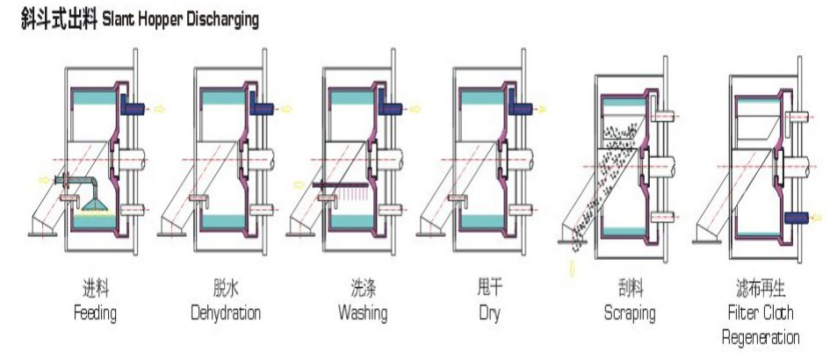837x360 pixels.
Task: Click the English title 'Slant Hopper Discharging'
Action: point(180,19)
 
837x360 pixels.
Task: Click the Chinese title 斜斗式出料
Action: point(59,19)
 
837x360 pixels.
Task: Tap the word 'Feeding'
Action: point(95,313)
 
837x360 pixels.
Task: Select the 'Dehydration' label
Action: point(226,313)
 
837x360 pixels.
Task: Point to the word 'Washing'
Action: point(363,313)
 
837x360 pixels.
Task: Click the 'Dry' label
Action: point(489,313)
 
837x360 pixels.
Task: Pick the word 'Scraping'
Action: point(630,313)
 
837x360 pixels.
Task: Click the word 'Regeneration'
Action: point(761,337)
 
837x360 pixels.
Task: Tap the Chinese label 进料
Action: point(96,289)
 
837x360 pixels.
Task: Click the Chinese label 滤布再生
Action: point(761,289)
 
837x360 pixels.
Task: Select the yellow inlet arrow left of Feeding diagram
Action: point(44,180)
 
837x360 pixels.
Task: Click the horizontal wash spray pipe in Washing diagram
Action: point(341,185)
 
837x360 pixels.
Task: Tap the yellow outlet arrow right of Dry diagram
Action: point(541,110)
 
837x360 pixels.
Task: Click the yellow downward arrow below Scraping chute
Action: point(573,269)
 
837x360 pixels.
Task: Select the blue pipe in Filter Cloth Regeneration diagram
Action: point(797,218)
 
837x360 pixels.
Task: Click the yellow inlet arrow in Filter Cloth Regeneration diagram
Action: point(817,218)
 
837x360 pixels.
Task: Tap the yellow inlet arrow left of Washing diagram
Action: point(299,185)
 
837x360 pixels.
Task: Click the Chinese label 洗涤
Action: point(363,289)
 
